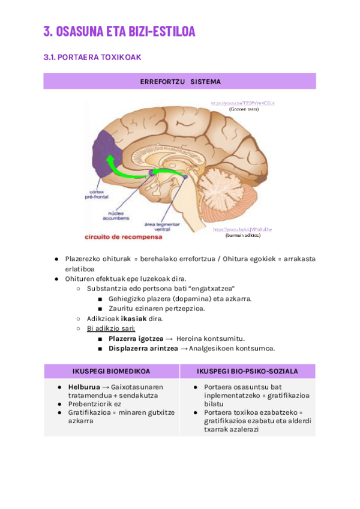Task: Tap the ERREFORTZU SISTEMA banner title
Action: point(180,82)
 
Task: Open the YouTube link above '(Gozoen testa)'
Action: point(242,103)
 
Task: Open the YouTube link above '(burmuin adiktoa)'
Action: point(242,229)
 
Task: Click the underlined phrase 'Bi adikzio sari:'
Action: point(111,328)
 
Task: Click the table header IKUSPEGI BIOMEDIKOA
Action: point(112,371)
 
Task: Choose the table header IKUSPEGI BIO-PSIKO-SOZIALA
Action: point(247,371)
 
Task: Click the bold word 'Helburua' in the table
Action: point(84,387)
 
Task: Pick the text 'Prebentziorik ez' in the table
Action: point(95,404)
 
